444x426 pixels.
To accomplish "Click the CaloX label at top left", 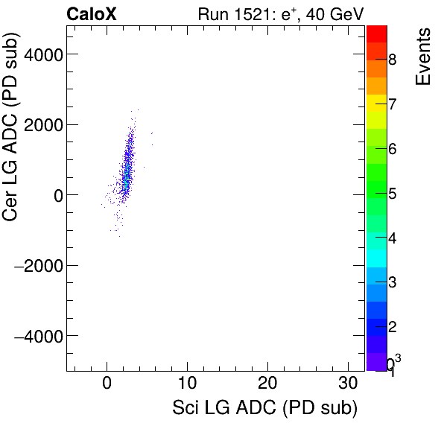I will [x=91, y=13].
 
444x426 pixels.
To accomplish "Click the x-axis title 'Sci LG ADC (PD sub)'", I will [x=264, y=409].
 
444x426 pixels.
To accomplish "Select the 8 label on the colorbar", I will [x=393, y=60].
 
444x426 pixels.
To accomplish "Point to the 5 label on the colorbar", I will [x=393, y=194].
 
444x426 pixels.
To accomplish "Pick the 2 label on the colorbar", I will [x=393, y=327].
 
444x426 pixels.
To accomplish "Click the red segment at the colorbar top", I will [x=376, y=34].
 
